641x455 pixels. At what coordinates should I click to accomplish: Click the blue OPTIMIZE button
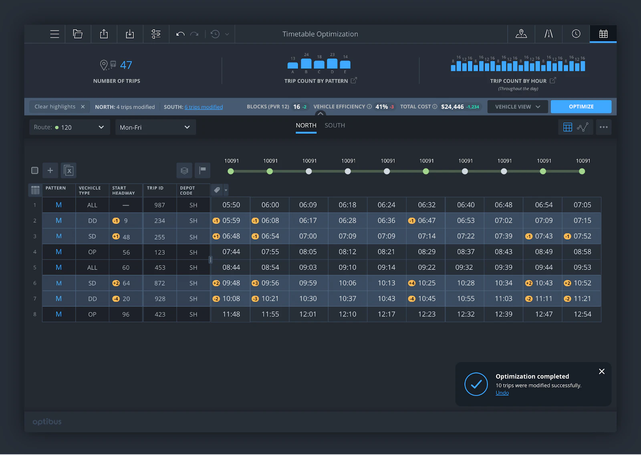tap(581, 107)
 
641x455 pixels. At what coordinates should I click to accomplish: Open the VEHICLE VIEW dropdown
tap(517, 107)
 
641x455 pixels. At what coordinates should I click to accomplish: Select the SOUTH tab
tap(335, 125)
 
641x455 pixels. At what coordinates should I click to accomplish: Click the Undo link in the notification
tap(502, 393)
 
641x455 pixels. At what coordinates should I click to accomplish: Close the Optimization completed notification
tap(601, 372)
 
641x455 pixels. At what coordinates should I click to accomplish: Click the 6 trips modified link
tap(204, 107)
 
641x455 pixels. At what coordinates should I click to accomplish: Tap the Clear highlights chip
tap(59, 107)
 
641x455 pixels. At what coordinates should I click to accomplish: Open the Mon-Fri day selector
tap(155, 127)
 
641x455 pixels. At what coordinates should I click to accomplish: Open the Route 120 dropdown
tap(69, 127)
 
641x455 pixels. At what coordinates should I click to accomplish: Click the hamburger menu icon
tap(54, 34)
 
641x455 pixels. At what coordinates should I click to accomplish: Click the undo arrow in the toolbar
tap(180, 34)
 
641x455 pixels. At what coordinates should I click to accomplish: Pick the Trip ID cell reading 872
tap(159, 283)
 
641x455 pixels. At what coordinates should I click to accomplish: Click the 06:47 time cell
tap(426, 221)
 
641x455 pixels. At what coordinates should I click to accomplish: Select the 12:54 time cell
tap(582, 314)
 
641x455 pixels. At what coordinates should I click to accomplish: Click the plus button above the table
tap(50, 171)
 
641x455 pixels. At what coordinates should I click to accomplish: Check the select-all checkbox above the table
tap(35, 171)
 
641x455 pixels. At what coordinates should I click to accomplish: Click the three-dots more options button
tap(603, 127)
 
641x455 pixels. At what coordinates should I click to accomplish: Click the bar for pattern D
tap(332, 64)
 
